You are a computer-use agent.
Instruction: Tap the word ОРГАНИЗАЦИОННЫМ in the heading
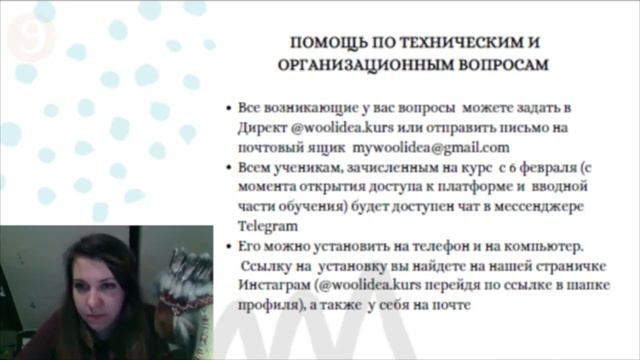click(x=363, y=64)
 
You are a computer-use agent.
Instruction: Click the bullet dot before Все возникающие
click(x=230, y=107)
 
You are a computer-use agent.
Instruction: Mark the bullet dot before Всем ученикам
click(x=230, y=166)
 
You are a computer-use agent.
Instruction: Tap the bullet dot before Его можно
click(x=230, y=246)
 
